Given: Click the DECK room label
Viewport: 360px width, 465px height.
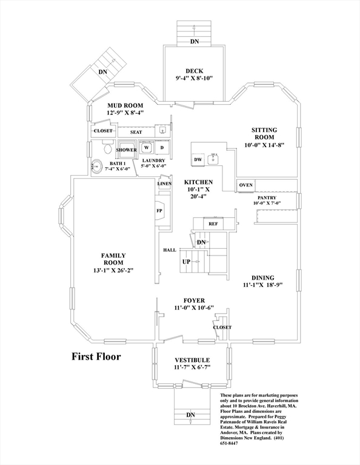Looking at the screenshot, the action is (195, 71).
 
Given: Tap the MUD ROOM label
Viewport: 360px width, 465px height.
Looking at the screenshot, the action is (125, 105).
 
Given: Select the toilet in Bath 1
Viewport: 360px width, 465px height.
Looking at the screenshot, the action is (107, 147).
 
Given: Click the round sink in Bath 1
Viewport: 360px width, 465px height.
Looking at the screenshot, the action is (96, 167).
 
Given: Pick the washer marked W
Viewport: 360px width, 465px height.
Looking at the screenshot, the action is (146, 147).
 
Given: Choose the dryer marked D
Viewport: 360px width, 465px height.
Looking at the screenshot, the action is (162, 147).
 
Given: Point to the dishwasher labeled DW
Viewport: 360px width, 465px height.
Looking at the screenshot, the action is (198, 159).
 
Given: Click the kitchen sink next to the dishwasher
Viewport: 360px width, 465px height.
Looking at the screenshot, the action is (213, 159).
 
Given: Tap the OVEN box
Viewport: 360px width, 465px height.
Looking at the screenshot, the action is (245, 185).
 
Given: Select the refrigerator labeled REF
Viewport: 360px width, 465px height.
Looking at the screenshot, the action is (213, 223).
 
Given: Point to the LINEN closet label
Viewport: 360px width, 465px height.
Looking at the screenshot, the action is (164, 183).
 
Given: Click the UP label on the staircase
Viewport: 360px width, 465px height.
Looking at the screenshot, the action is (186, 262).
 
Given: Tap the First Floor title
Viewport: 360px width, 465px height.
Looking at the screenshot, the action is (96, 356).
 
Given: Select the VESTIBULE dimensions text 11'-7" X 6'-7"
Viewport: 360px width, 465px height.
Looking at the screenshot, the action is (192, 368).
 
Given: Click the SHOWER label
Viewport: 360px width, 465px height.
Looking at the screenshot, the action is (127, 150).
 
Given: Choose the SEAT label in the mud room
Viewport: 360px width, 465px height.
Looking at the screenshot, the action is (136, 132).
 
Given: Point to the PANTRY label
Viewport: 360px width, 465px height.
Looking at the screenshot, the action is (267, 198).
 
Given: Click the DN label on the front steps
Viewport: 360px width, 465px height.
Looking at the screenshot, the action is (190, 415).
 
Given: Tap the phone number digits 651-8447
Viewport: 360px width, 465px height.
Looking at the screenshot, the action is (229, 443).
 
